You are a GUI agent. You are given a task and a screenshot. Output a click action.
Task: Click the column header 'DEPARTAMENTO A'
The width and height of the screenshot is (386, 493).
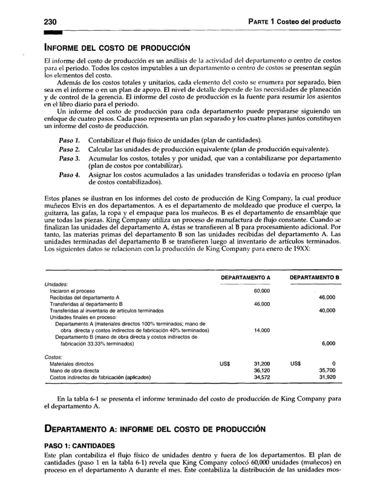click(x=245, y=277)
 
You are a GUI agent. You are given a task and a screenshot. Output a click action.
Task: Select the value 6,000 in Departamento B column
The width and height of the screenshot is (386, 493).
click(x=328, y=343)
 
